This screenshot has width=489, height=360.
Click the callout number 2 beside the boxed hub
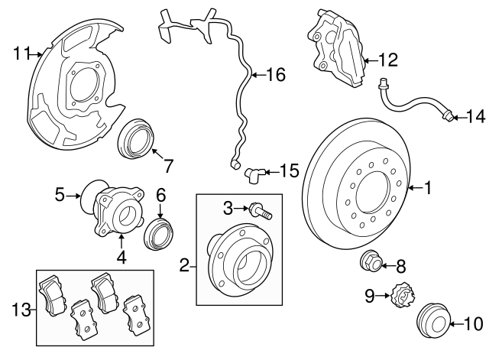tap(184, 266)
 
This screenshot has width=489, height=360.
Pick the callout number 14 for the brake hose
tap(475, 116)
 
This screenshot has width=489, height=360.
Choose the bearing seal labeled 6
tap(158, 232)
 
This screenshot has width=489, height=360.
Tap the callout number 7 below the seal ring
tap(167, 164)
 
